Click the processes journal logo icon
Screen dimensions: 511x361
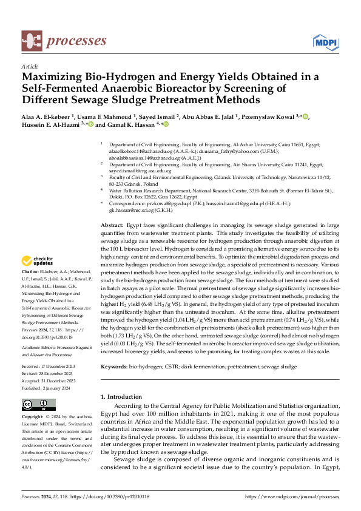(31, 41)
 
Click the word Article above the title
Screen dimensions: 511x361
(30, 66)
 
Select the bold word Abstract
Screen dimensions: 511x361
(112, 225)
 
